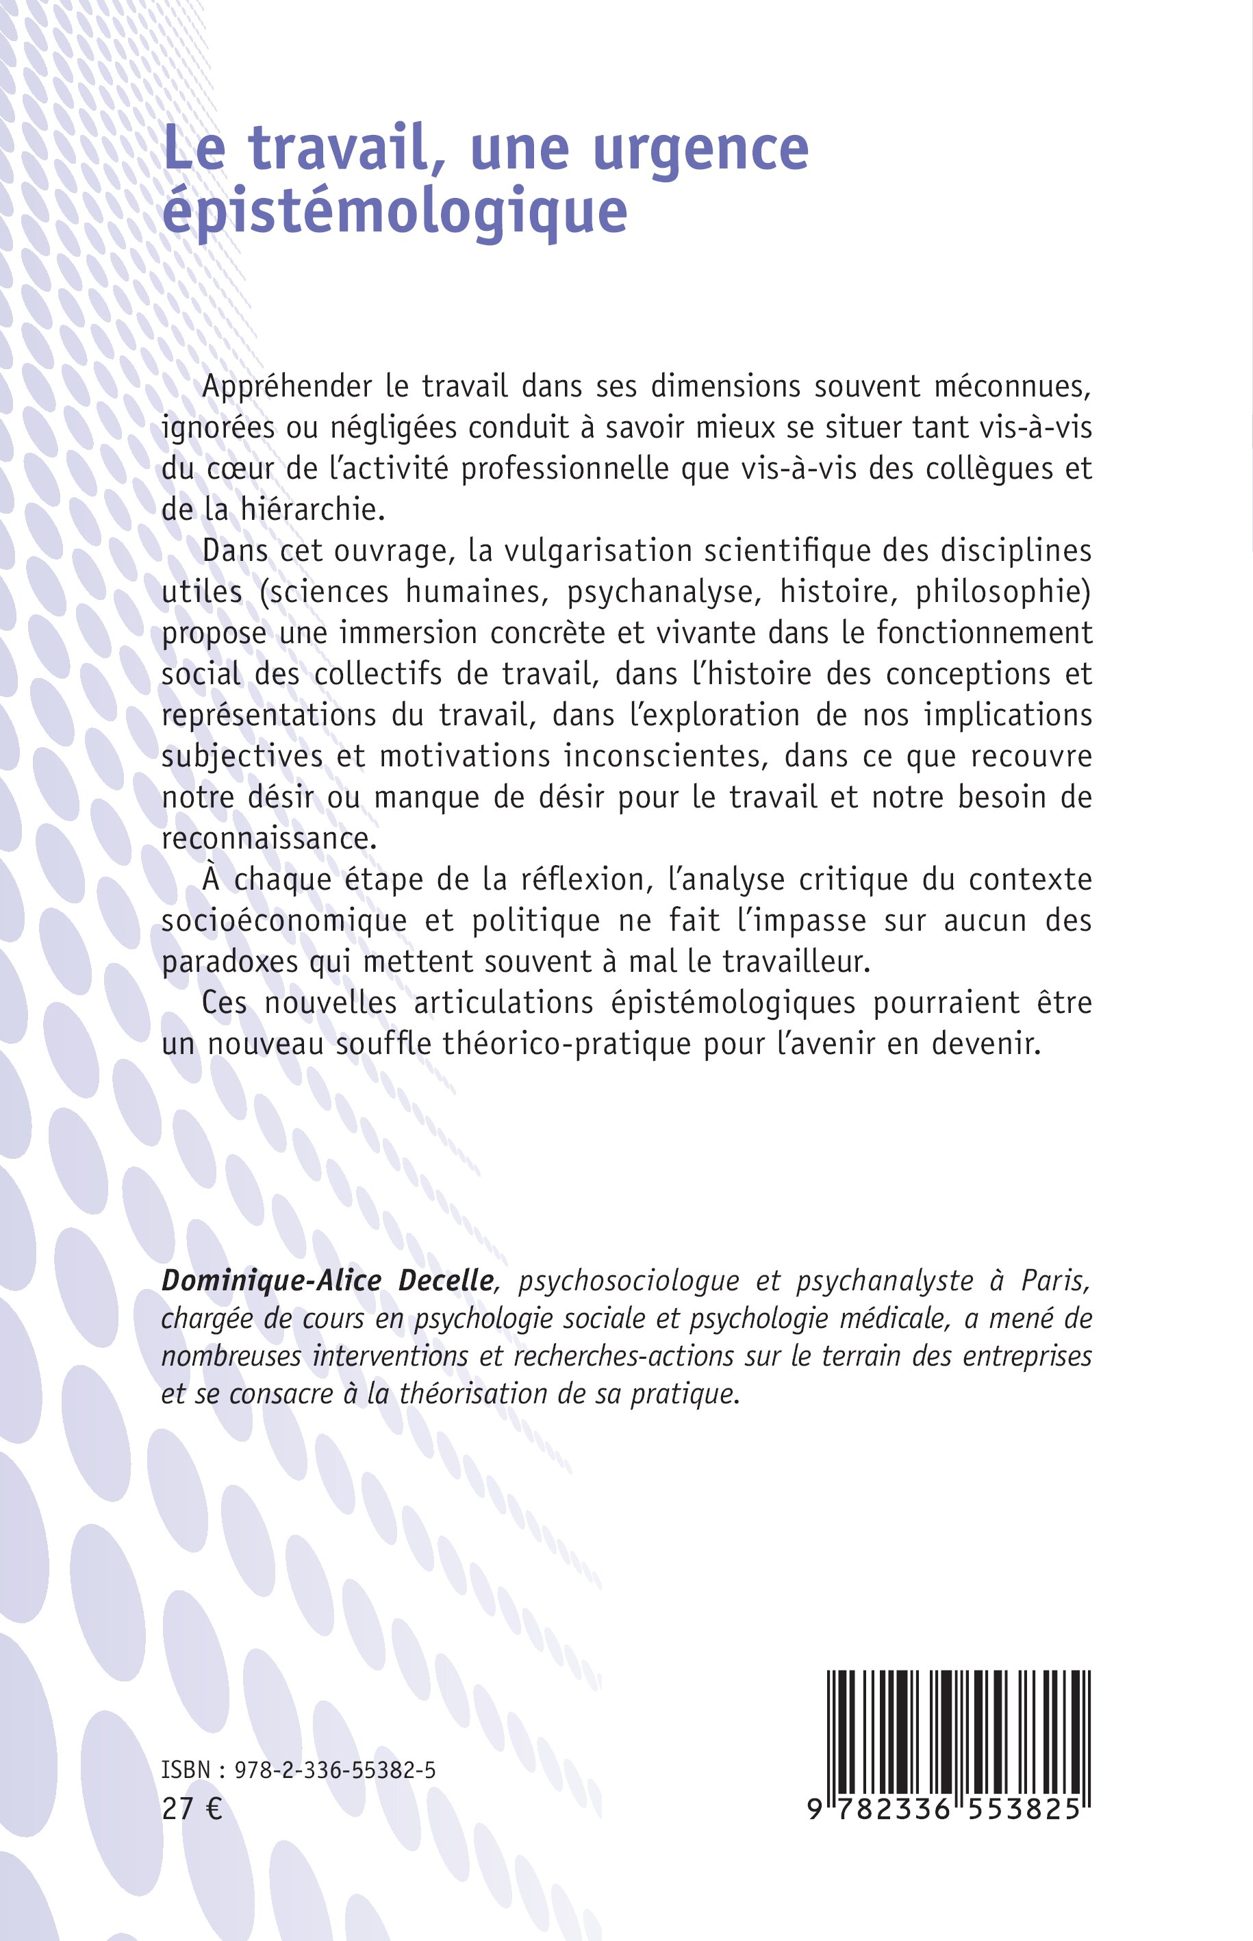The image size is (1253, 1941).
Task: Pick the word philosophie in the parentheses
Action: click(1002, 592)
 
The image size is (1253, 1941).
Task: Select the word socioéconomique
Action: click(284, 921)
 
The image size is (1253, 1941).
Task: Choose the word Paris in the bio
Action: click(1054, 1281)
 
